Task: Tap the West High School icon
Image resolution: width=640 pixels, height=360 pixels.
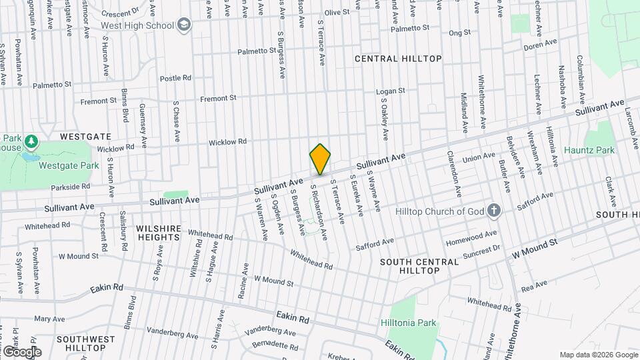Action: (x=185, y=25)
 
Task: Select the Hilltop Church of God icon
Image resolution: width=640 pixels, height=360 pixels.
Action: (x=493, y=211)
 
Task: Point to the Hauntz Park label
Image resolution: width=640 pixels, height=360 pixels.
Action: (x=589, y=151)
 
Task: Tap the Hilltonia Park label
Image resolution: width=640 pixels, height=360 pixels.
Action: (x=408, y=323)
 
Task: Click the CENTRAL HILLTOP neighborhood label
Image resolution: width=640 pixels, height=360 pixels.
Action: (x=398, y=59)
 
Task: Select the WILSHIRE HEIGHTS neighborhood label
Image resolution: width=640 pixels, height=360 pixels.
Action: (x=159, y=233)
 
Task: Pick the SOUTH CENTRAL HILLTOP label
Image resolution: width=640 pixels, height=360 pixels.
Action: (x=419, y=266)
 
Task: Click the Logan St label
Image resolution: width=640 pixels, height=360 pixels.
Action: (x=391, y=91)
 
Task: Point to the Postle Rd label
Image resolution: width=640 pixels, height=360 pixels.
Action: (x=175, y=78)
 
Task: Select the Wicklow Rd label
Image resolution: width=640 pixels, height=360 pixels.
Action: (x=227, y=141)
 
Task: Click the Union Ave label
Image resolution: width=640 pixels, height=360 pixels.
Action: (x=479, y=157)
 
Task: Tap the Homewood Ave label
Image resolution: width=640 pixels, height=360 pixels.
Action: (x=472, y=235)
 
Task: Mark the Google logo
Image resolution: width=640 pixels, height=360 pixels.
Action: (x=21, y=351)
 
